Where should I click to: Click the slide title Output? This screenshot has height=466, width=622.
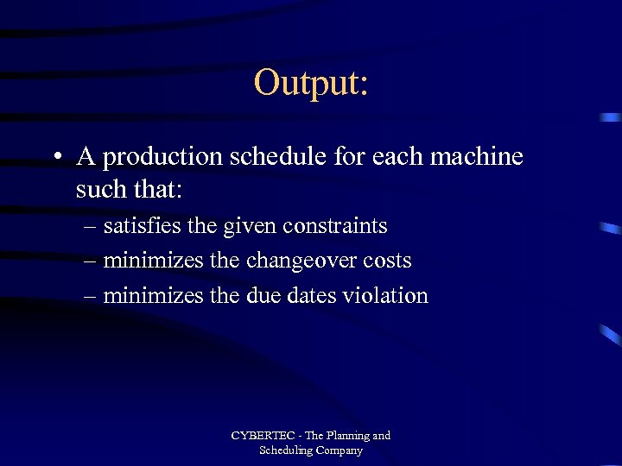point(311,83)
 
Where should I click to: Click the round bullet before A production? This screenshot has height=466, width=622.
point(56,158)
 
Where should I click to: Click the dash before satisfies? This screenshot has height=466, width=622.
point(91,227)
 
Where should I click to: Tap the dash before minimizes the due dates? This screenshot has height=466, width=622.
point(91,296)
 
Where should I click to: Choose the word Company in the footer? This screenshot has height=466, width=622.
point(339,451)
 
